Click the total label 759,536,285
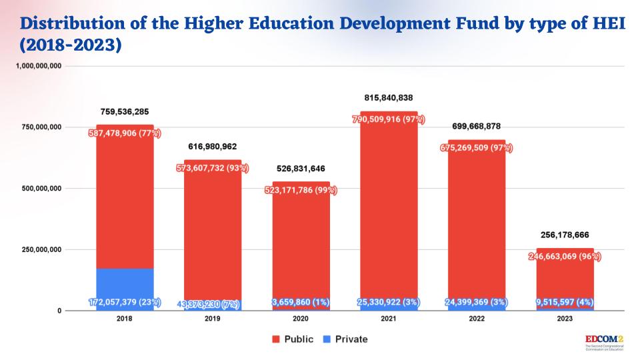[125, 111]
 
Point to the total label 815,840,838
[389, 97]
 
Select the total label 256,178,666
[565, 235]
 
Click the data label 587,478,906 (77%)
[125, 133]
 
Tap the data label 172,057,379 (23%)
[125, 303]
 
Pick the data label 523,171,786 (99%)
[301, 190]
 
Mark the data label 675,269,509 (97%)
[477, 148]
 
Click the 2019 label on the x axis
[213, 319]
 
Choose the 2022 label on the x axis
[477, 319]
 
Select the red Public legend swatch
[275, 339]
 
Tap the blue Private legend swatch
[328, 339]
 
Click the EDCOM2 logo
[603, 341]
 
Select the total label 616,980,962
[213, 147]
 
